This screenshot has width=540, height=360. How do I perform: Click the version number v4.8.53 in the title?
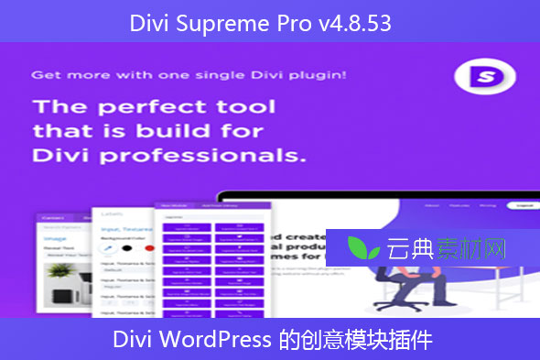pos(358,23)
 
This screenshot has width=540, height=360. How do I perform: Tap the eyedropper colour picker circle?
pos(110,245)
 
